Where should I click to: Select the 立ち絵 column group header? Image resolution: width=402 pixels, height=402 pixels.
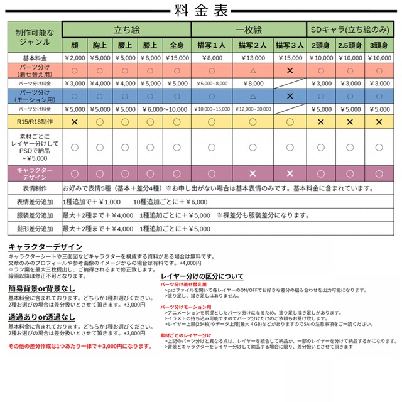[126, 29]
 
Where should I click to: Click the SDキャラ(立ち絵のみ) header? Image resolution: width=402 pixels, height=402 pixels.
[350, 29]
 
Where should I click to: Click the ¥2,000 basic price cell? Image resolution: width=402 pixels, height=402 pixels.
[75, 58]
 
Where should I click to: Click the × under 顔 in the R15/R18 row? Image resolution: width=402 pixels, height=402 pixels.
[75, 121]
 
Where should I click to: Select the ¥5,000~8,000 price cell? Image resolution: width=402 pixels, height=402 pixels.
[211, 83]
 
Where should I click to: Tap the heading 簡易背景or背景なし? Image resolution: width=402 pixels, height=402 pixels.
[42, 288]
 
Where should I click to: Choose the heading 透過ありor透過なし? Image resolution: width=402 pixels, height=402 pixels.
[42, 318]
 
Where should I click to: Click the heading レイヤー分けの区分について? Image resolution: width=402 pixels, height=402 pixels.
[202, 276]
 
